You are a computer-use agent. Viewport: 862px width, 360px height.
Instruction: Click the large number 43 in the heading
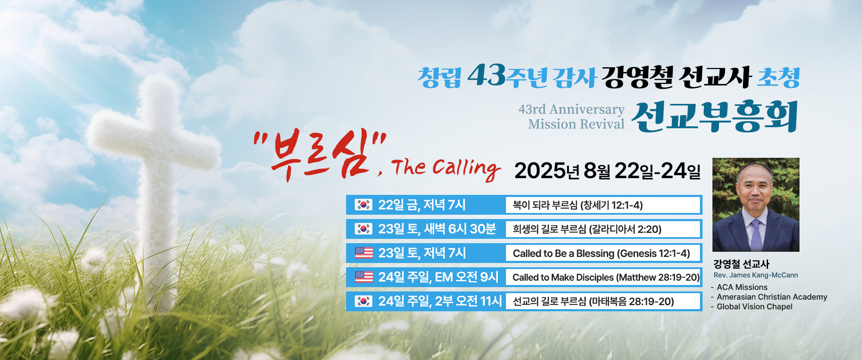point(486,75)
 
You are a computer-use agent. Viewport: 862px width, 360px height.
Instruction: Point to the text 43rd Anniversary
point(572,110)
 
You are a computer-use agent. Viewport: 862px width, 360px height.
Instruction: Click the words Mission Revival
point(576,124)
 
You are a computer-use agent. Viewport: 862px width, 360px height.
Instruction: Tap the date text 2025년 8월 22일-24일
point(607,171)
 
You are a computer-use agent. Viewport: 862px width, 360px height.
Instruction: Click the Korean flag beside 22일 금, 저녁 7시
point(363,205)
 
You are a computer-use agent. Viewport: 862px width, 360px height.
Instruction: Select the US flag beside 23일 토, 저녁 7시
point(364,253)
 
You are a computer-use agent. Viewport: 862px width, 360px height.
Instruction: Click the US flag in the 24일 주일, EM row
point(364,277)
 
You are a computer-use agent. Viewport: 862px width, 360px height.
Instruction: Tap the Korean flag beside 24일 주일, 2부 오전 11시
point(363,301)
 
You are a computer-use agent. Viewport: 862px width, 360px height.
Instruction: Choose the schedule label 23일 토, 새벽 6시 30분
point(437,229)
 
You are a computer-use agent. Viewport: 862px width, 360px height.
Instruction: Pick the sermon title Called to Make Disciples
point(563,278)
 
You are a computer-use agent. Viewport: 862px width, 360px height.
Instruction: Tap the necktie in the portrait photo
point(756,235)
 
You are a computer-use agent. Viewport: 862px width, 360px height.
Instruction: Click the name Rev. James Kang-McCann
point(756,275)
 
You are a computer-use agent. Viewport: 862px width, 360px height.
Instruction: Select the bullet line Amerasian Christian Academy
point(772,297)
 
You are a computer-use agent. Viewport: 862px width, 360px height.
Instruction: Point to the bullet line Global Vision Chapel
point(754,307)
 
